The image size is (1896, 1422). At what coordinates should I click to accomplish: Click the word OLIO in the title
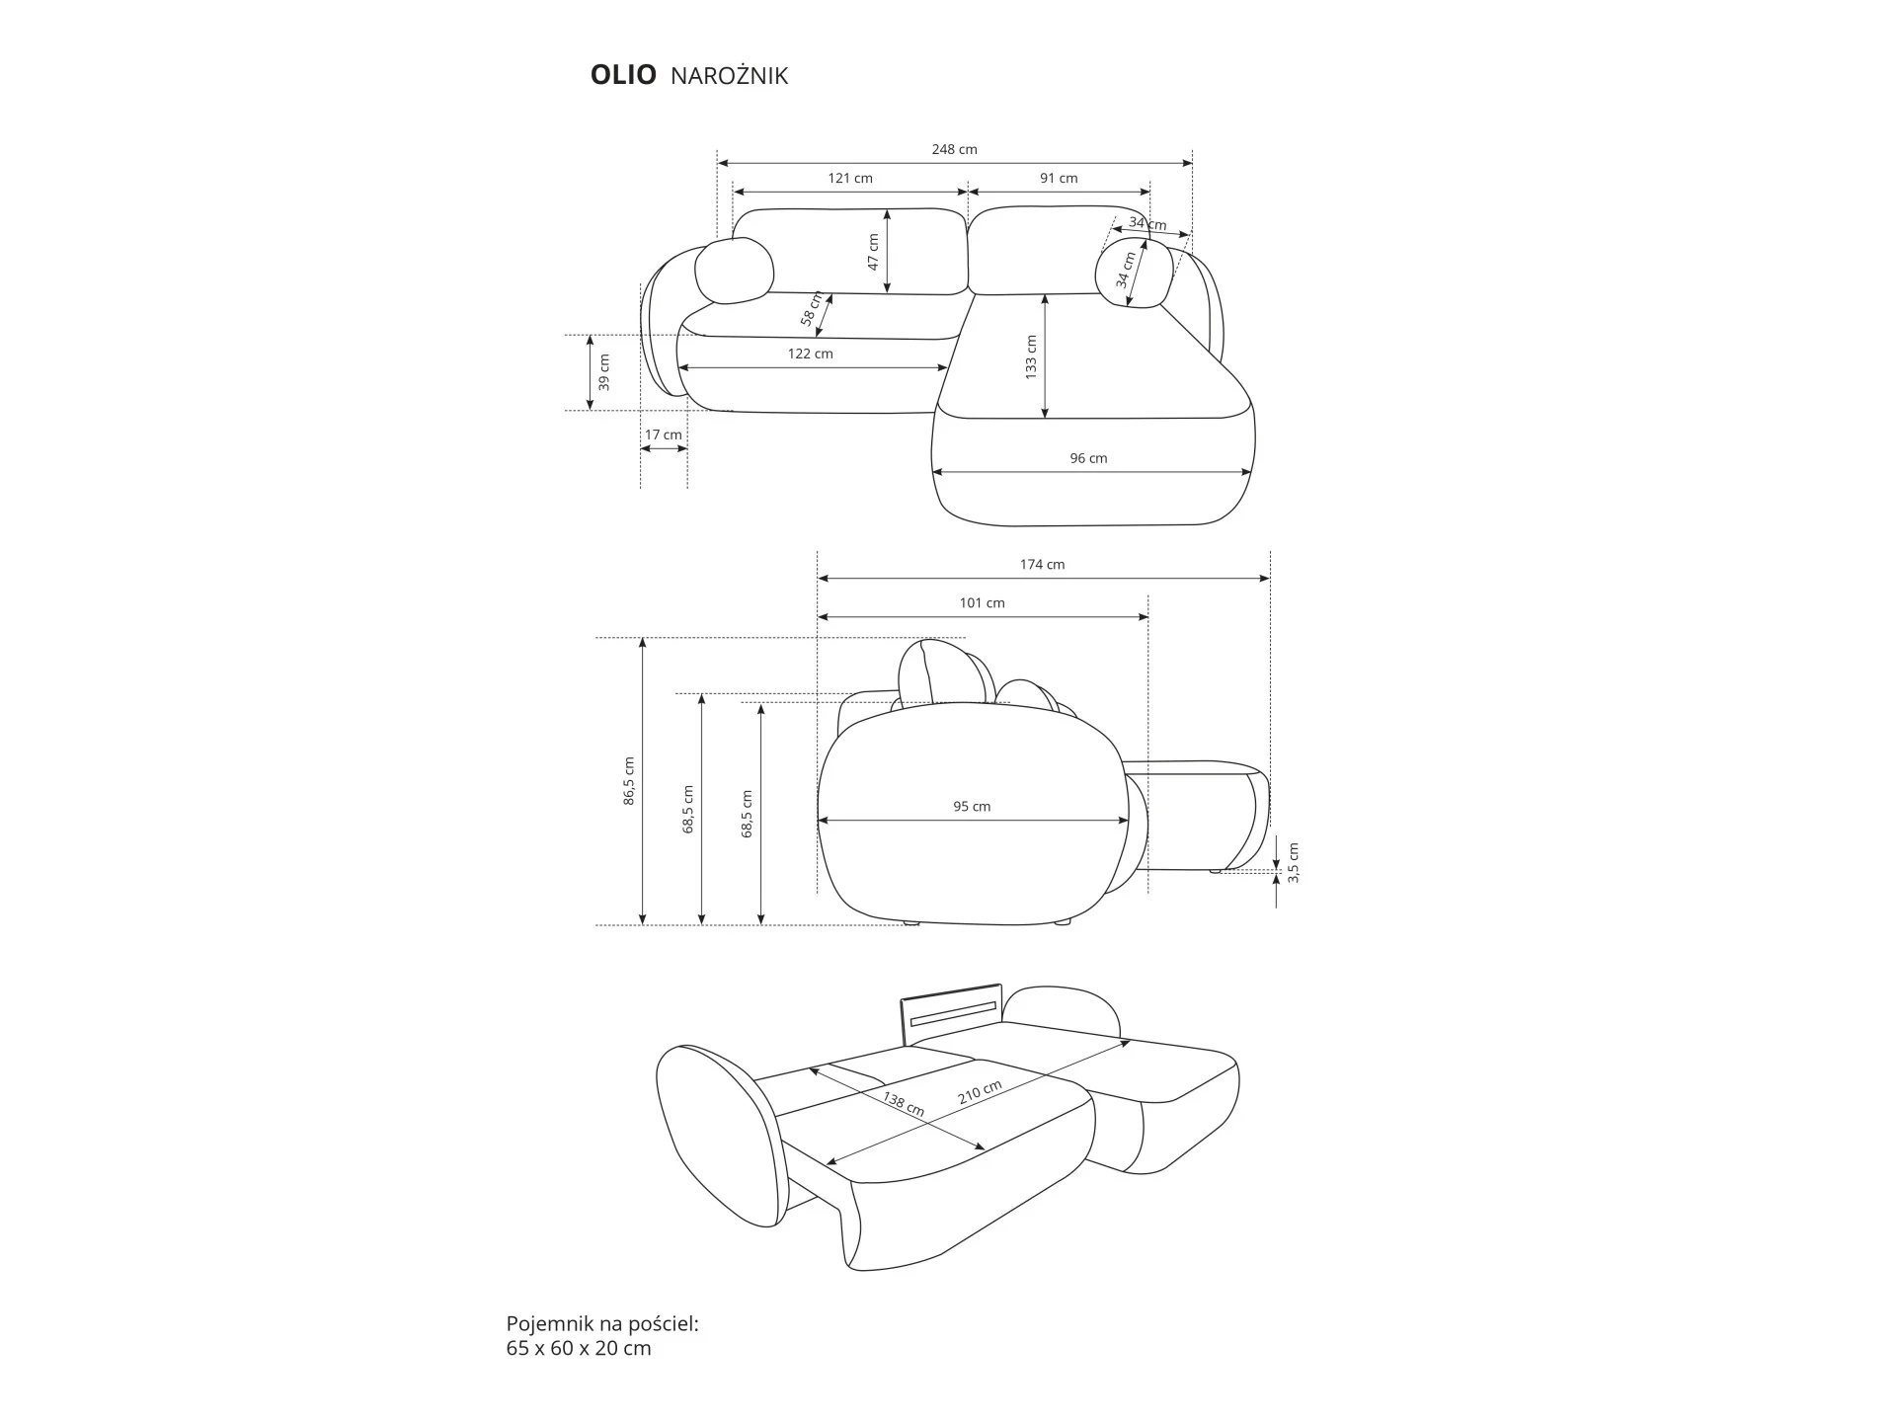623,75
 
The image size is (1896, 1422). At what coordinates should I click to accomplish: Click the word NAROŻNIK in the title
729,76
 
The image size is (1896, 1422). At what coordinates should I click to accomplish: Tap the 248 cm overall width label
954,149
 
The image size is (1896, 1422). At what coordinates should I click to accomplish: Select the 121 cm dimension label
849,178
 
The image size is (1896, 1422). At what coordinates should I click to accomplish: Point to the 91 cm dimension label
1059,178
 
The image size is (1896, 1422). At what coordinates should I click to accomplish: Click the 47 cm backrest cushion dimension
873,252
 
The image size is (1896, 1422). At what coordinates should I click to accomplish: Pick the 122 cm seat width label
810,353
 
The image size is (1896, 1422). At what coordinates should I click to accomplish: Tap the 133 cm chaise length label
1031,356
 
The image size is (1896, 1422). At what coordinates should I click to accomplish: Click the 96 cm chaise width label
1088,457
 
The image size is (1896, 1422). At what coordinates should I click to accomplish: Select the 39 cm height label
604,372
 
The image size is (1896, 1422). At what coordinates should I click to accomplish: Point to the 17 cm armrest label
664,434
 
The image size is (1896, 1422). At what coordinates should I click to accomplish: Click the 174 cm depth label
1043,564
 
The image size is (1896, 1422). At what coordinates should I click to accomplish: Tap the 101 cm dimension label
982,602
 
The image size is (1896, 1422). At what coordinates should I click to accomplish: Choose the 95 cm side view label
972,806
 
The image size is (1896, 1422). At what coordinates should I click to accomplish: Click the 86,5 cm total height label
629,781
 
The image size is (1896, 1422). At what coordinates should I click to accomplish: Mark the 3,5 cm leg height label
1294,862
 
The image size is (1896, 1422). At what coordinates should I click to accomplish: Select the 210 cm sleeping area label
980,1092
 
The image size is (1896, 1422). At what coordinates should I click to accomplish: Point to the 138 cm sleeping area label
903,1103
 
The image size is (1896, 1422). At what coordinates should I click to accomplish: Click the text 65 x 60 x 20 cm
579,1348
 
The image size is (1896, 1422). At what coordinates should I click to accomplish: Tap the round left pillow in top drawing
734,270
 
